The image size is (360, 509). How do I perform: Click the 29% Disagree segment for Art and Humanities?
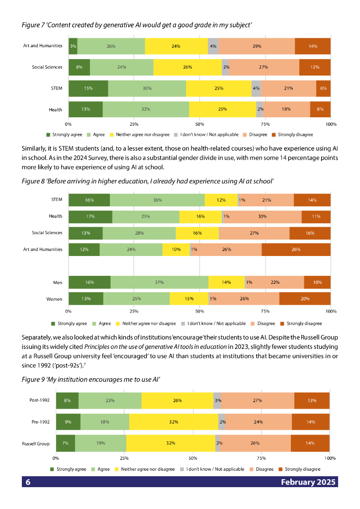click(257, 46)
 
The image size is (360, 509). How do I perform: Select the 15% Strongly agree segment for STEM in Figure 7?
click(88, 88)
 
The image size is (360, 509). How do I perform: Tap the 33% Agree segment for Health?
click(146, 109)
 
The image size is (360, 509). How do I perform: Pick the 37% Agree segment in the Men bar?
click(159, 282)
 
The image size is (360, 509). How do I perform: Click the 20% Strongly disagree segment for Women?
click(305, 299)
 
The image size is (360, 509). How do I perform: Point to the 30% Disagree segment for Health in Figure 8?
click(262, 217)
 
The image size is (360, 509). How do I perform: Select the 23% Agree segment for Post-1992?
click(110, 401)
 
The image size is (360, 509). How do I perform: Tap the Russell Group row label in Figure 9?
click(36, 443)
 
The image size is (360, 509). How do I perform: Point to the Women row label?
click(54, 299)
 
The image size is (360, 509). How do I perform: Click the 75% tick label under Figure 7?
click(265, 124)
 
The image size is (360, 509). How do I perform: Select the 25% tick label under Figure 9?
click(124, 458)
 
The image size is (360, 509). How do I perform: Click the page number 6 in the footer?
click(28, 482)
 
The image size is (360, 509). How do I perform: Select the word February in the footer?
click(298, 482)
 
